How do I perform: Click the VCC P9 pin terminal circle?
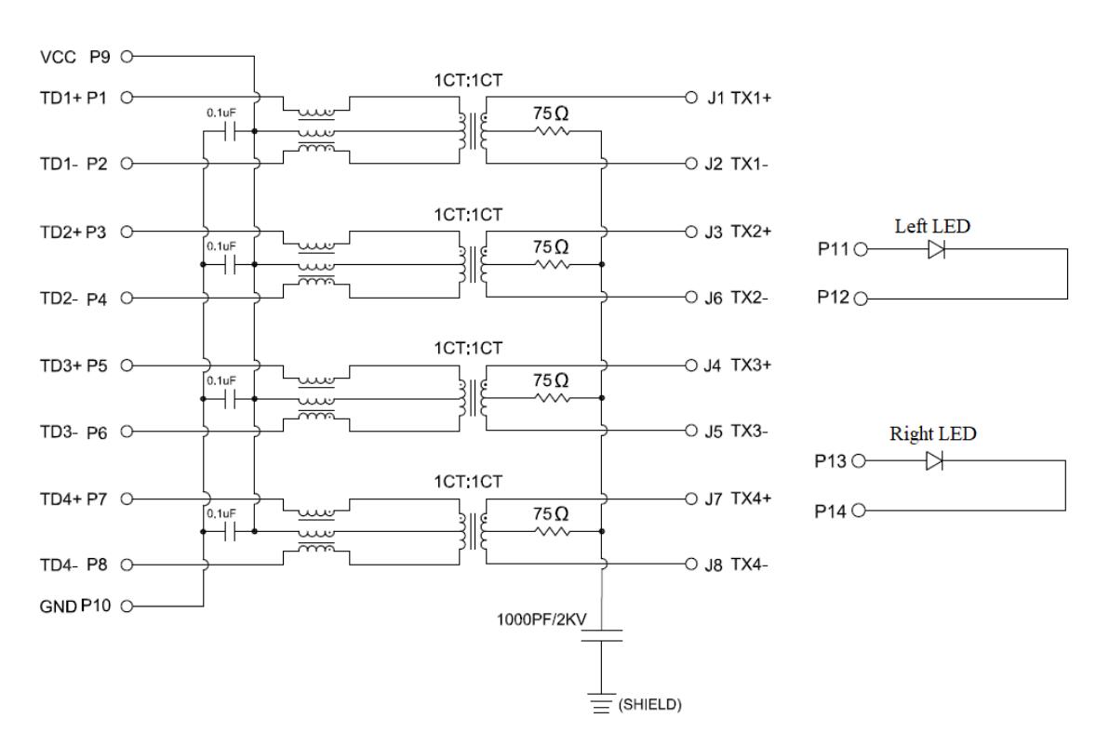click(127, 57)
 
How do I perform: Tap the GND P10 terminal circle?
click(127, 605)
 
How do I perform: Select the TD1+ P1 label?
click(74, 98)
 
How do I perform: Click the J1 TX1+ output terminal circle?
click(690, 97)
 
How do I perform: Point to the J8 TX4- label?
click(736, 565)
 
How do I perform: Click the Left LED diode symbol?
click(937, 249)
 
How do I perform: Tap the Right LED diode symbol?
click(934, 460)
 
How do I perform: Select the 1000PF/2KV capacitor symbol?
click(602, 635)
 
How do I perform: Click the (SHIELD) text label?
click(650, 704)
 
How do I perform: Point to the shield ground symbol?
click(601, 704)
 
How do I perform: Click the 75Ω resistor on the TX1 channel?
click(553, 131)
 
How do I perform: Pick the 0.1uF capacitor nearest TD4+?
click(229, 532)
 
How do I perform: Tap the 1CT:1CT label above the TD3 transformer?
click(468, 348)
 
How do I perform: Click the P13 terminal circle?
click(859, 460)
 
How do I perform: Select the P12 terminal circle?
click(862, 299)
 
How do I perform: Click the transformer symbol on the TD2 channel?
click(474, 264)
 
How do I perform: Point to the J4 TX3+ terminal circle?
click(690, 365)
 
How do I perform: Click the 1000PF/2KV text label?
click(541, 619)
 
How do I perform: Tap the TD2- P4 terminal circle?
click(127, 298)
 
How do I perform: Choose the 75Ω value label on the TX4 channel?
click(551, 513)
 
